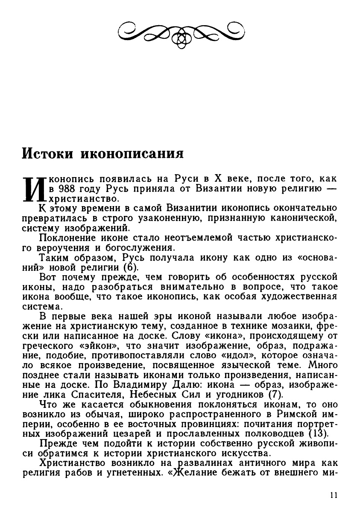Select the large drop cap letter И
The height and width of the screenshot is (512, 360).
(34, 188)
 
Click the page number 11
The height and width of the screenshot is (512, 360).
(334, 495)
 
